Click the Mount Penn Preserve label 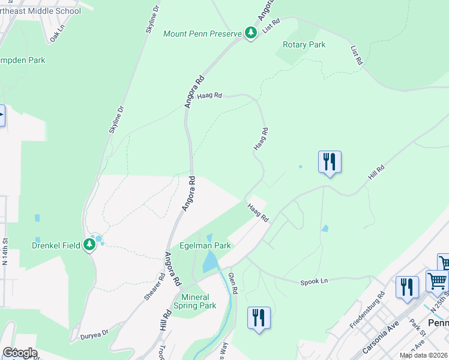pos(203,33)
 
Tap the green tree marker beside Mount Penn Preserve pos(252,33)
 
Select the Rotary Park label pos(304,45)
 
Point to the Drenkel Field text pos(56,245)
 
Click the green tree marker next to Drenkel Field pos(89,244)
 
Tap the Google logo pos(19,353)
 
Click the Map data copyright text pos(424,355)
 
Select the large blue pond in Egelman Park pos(210,262)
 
